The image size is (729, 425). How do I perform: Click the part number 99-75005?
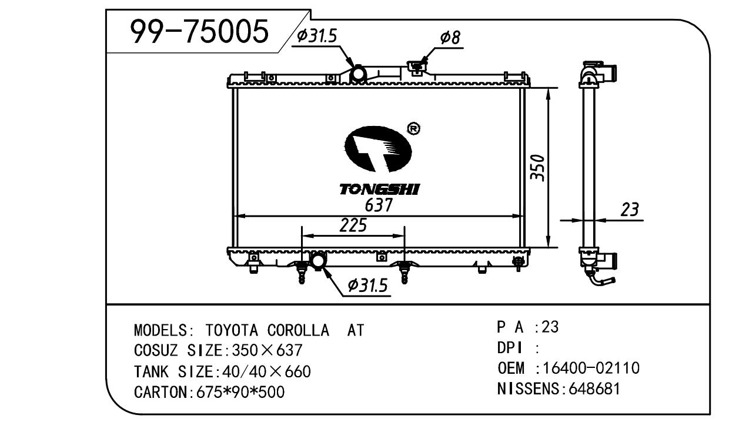(199, 31)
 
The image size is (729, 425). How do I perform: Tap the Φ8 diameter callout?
(450, 38)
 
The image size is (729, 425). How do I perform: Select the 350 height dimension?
(537, 168)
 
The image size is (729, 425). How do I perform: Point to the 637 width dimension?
(379, 205)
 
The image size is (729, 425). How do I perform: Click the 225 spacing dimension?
(353, 225)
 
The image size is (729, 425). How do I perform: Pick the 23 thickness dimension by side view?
(630, 210)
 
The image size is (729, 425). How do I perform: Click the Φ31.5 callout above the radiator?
(317, 36)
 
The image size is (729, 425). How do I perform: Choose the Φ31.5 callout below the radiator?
(368, 285)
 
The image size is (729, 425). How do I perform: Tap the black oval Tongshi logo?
(378, 150)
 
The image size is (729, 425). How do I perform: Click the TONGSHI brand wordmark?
(379, 190)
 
